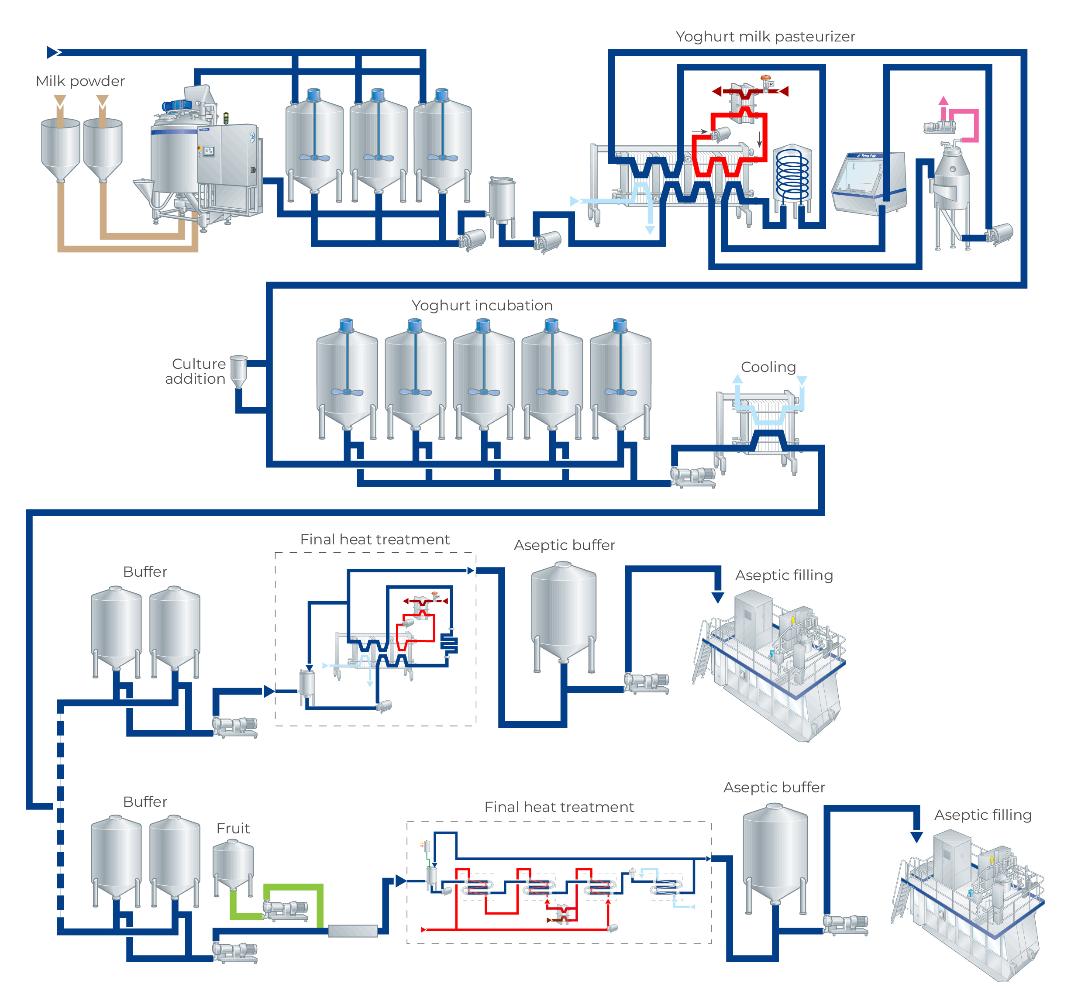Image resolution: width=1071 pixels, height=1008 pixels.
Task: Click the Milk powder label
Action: tap(80, 81)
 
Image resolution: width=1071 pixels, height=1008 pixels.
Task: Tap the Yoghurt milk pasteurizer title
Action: tap(765, 36)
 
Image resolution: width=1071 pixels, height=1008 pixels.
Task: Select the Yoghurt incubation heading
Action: tap(482, 305)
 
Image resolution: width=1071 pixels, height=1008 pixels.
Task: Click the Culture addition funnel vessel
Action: tap(239, 370)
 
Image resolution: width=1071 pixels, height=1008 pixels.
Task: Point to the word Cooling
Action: tap(768, 367)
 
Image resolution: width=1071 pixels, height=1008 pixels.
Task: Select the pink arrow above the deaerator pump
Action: tap(944, 101)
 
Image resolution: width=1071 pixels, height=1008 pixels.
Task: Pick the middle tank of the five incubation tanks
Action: tap(484, 377)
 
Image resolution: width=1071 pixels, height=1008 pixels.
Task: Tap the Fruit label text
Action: tap(233, 828)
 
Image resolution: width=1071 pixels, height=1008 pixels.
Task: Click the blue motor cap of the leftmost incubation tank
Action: tap(346, 325)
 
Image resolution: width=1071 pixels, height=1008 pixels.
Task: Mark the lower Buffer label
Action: tap(145, 802)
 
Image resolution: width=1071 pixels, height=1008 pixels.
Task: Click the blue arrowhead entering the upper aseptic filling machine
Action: tap(718, 597)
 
